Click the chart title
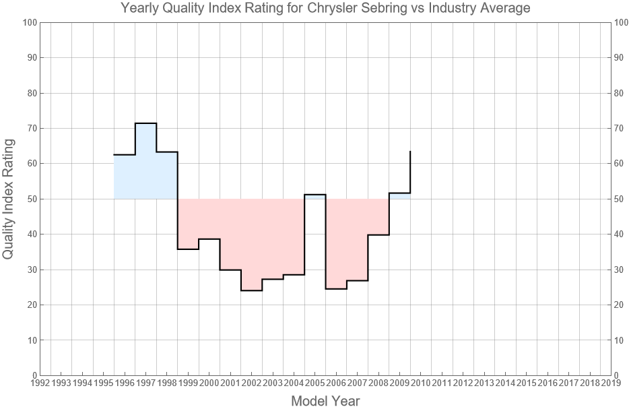325,9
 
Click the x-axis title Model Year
325,401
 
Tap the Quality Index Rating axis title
9,199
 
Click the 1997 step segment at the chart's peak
145,123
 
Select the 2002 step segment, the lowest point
251,290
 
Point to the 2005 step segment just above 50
315,195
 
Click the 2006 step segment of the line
336,288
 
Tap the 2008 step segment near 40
378,234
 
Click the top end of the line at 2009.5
410,152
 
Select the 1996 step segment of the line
125,155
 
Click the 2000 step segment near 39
209,239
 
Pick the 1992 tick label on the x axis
40,383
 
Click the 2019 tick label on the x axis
611,383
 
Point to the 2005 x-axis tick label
315,383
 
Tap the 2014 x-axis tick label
505,383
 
